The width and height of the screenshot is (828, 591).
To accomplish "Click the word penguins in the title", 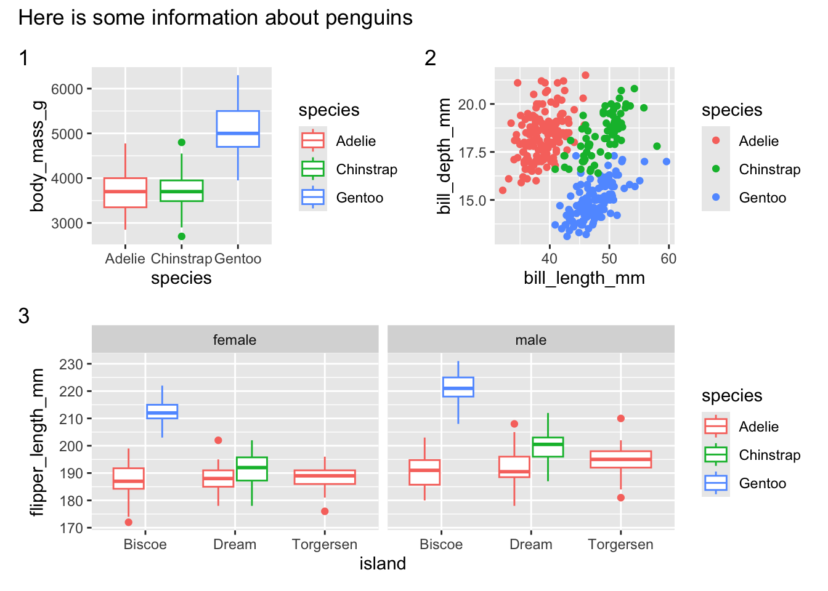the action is point(369,18).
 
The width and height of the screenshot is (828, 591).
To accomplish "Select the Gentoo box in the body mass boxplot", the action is point(238,129).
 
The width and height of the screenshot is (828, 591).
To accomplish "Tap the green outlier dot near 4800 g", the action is point(182,142).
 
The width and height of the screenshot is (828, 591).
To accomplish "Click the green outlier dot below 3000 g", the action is point(182,236).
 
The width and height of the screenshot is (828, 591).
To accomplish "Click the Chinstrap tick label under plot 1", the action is point(181,259).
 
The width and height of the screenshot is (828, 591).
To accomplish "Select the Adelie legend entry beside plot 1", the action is point(338,141).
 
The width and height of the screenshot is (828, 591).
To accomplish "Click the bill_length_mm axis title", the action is point(585,278).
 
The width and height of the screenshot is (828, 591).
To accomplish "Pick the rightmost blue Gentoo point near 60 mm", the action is point(667,161).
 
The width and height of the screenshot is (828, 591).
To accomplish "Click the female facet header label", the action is point(235,340).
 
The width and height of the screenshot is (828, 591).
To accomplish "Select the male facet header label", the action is point(531,340).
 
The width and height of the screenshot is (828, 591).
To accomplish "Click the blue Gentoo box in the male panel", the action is point(458,387).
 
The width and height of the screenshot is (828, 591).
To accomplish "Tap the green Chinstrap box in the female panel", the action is point(252,468).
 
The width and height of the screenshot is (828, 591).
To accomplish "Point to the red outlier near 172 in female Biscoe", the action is point(129,522).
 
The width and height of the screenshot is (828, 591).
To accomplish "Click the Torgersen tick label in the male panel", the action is point(620,544).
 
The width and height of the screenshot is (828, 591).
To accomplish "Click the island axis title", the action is point(383,564).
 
